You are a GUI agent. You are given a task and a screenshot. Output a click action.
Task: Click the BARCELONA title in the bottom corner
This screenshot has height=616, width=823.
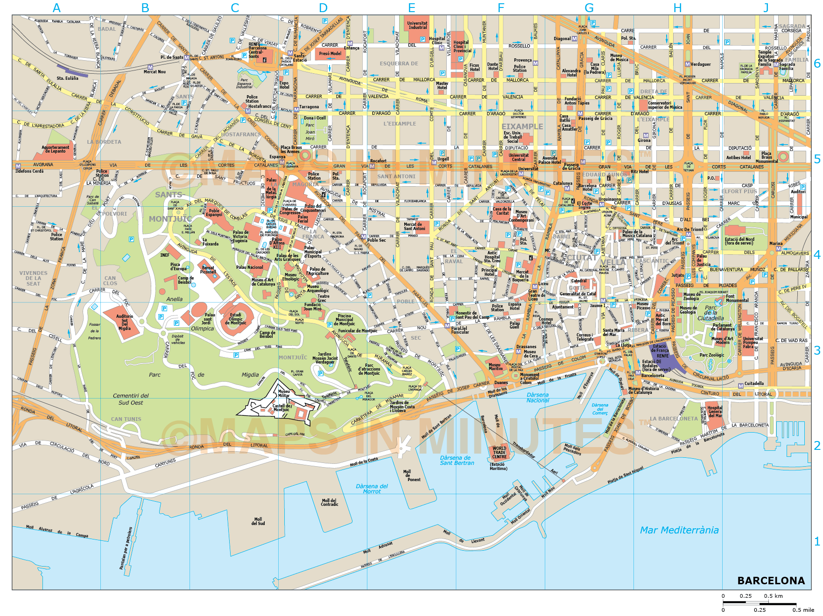771,581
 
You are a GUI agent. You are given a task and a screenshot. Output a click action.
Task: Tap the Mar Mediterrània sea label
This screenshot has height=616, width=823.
679,530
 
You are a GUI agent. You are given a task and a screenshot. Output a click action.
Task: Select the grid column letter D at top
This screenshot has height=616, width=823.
323,8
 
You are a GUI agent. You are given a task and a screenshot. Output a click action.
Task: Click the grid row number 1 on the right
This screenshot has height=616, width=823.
816,541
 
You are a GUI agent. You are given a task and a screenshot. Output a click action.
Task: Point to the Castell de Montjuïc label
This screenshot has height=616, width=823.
282,408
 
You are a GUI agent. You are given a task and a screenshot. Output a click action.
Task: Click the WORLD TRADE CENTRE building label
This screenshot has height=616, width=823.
499,453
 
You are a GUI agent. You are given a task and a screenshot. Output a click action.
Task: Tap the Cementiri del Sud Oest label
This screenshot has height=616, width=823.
131,399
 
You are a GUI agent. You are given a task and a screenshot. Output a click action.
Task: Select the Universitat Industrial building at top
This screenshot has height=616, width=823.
417,25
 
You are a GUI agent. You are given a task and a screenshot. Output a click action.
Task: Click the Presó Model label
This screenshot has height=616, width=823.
330,54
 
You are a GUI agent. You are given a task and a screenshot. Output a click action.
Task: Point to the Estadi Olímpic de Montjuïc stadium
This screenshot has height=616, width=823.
236,319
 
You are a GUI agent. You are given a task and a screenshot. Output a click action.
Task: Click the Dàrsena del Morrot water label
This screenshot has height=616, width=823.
372,489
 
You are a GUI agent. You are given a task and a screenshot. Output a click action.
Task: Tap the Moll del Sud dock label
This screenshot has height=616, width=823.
258,521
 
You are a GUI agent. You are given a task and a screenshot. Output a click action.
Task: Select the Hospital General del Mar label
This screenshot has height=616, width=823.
715,412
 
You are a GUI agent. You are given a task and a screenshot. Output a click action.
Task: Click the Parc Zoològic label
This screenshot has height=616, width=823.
711,355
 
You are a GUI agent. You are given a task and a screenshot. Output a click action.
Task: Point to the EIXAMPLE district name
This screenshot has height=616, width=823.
522,126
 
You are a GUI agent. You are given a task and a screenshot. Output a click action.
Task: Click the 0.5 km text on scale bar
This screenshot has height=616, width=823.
773,596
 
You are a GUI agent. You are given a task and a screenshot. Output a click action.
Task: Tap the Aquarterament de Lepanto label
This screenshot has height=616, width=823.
55,149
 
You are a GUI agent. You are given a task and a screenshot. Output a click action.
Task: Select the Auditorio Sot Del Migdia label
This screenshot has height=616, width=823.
125,322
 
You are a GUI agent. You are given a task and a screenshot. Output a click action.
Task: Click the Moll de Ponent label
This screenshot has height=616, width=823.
414,476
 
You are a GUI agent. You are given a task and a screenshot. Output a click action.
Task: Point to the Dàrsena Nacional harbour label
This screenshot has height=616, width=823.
537,398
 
